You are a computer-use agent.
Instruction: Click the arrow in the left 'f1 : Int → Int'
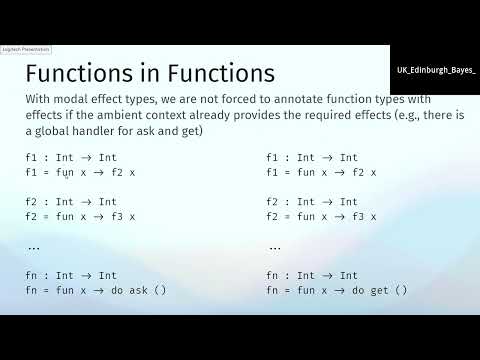click(86, 157)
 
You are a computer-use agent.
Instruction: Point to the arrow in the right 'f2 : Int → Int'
click(328, 201)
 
